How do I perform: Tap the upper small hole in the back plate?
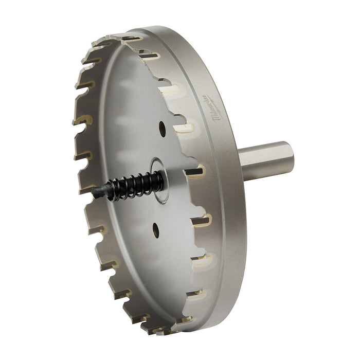pyautogui.click(x=162, y=128)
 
